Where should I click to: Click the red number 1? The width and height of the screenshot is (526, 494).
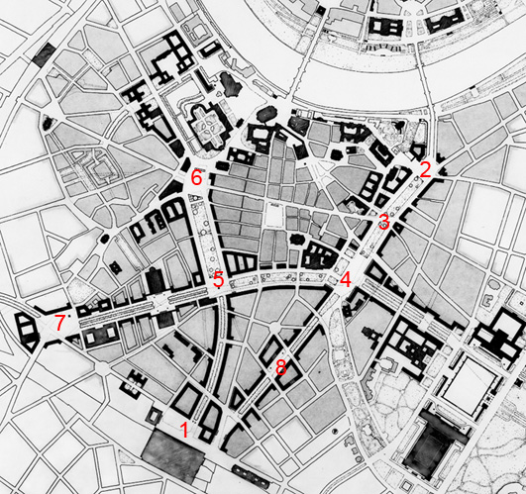click(183, 428)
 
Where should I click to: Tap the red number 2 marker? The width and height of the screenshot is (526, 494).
click(424, 169)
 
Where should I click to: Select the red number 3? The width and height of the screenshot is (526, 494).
click(383, 220)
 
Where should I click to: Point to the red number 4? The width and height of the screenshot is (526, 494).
click(345, 279)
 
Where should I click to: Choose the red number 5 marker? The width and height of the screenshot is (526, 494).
click(218, 278)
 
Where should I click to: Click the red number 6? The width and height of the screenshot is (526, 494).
click(196, 178)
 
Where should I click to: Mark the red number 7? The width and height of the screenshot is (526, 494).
click(59, 321)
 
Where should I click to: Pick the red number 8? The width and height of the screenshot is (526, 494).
click(280, 367)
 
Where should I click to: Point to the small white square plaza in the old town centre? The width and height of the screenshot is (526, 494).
click(272, 212)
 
